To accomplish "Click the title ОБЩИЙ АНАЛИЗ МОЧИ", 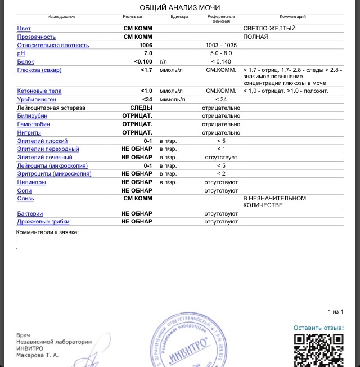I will click(x=179, y=7).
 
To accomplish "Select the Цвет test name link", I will click(x=24, y=28).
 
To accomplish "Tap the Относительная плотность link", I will click(x=53, y=46).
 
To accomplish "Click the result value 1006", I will click(x=146, y=46).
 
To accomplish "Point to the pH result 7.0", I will click(x=148, y=53).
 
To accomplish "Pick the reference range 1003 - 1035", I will click(x=221, y=46).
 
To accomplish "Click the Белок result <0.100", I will click(x=143, y=61).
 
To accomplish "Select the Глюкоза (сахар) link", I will click(x=39, y=70).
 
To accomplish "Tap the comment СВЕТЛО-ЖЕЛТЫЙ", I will click(x=269, y=28).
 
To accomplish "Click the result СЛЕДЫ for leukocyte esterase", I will click(x=141, y=108).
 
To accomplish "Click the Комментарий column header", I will click(x=292, y=17).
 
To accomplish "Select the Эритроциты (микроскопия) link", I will click(x=54, y=174).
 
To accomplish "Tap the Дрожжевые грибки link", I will click(x=43, y=222).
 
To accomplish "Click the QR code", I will click(x=319, y=350).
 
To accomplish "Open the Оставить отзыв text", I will click(x=318, y=328).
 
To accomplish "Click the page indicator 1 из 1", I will click(x=335, y=311).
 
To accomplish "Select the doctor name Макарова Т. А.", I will click(x=37, y=356).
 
